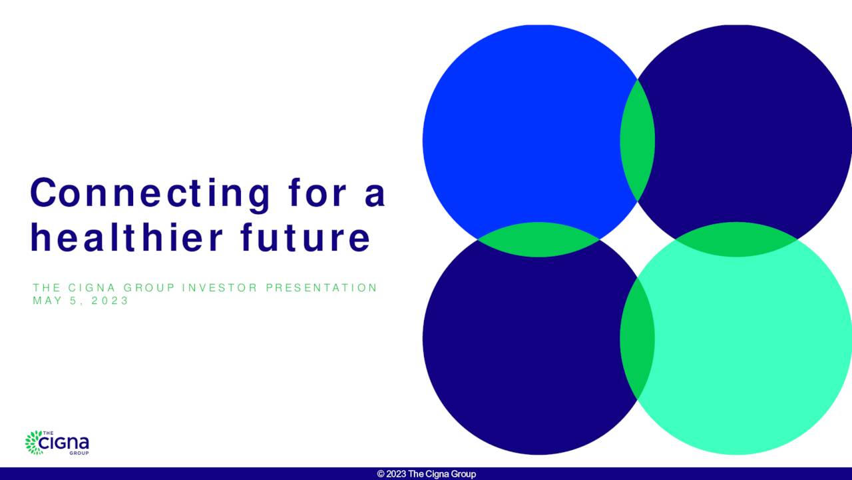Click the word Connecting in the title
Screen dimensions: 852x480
pos(150,194)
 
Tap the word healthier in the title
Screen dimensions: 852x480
pos(126,237)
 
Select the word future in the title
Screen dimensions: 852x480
pos(306,238)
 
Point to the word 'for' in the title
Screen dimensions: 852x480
pos(318,193)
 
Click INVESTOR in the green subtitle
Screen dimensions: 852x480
pos(220,287)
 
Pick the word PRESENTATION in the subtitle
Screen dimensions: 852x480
pos(321,287)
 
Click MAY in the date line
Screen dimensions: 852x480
pos(47,301)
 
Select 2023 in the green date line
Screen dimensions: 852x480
pos(110,301)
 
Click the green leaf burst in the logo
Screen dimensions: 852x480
pos(33,443)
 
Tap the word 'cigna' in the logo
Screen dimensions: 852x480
pos(64,443)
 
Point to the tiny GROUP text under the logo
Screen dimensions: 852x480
pos(79,453)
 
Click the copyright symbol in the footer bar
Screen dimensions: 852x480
pos(381,474)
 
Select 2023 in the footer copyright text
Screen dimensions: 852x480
pos(396,474)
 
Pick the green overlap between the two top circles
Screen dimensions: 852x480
pos(638,141)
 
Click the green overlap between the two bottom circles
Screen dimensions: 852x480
pos(638,338)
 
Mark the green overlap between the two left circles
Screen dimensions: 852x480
pos(538,239)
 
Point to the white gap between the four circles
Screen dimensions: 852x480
pos(638,239)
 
